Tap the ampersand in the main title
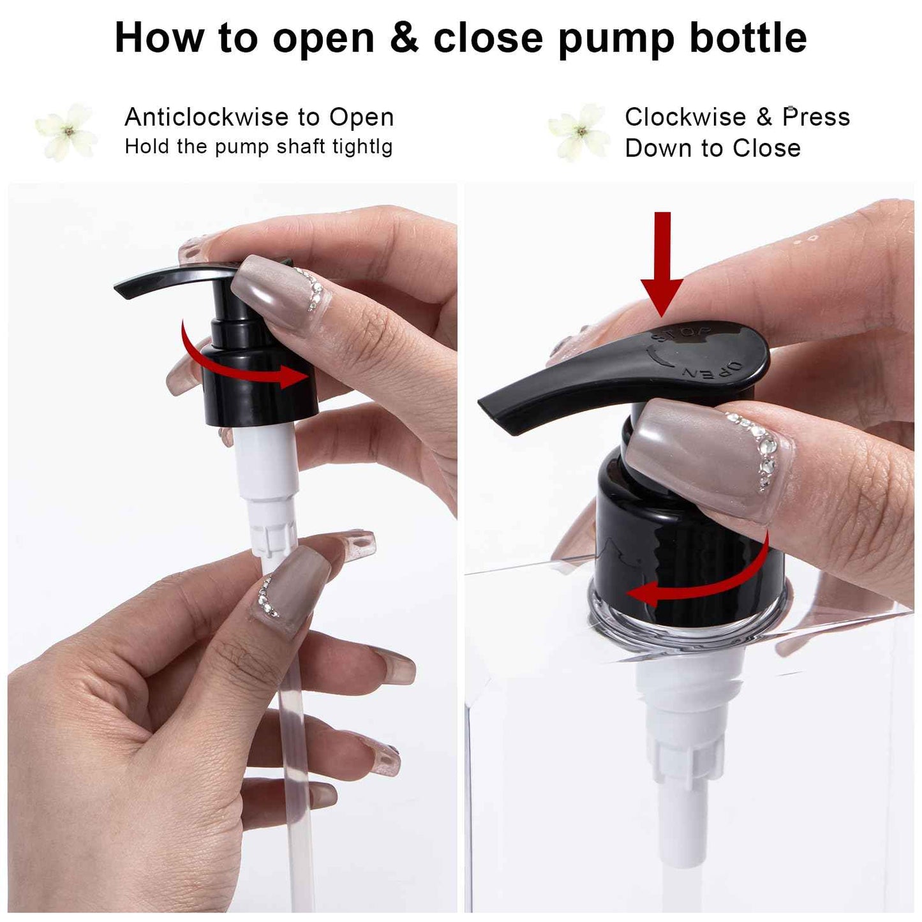403,38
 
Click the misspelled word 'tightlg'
362,147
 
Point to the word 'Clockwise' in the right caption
685,117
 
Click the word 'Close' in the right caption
766,149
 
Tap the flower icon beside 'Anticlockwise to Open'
67,132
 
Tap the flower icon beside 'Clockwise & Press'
580,132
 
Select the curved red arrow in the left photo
242,361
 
